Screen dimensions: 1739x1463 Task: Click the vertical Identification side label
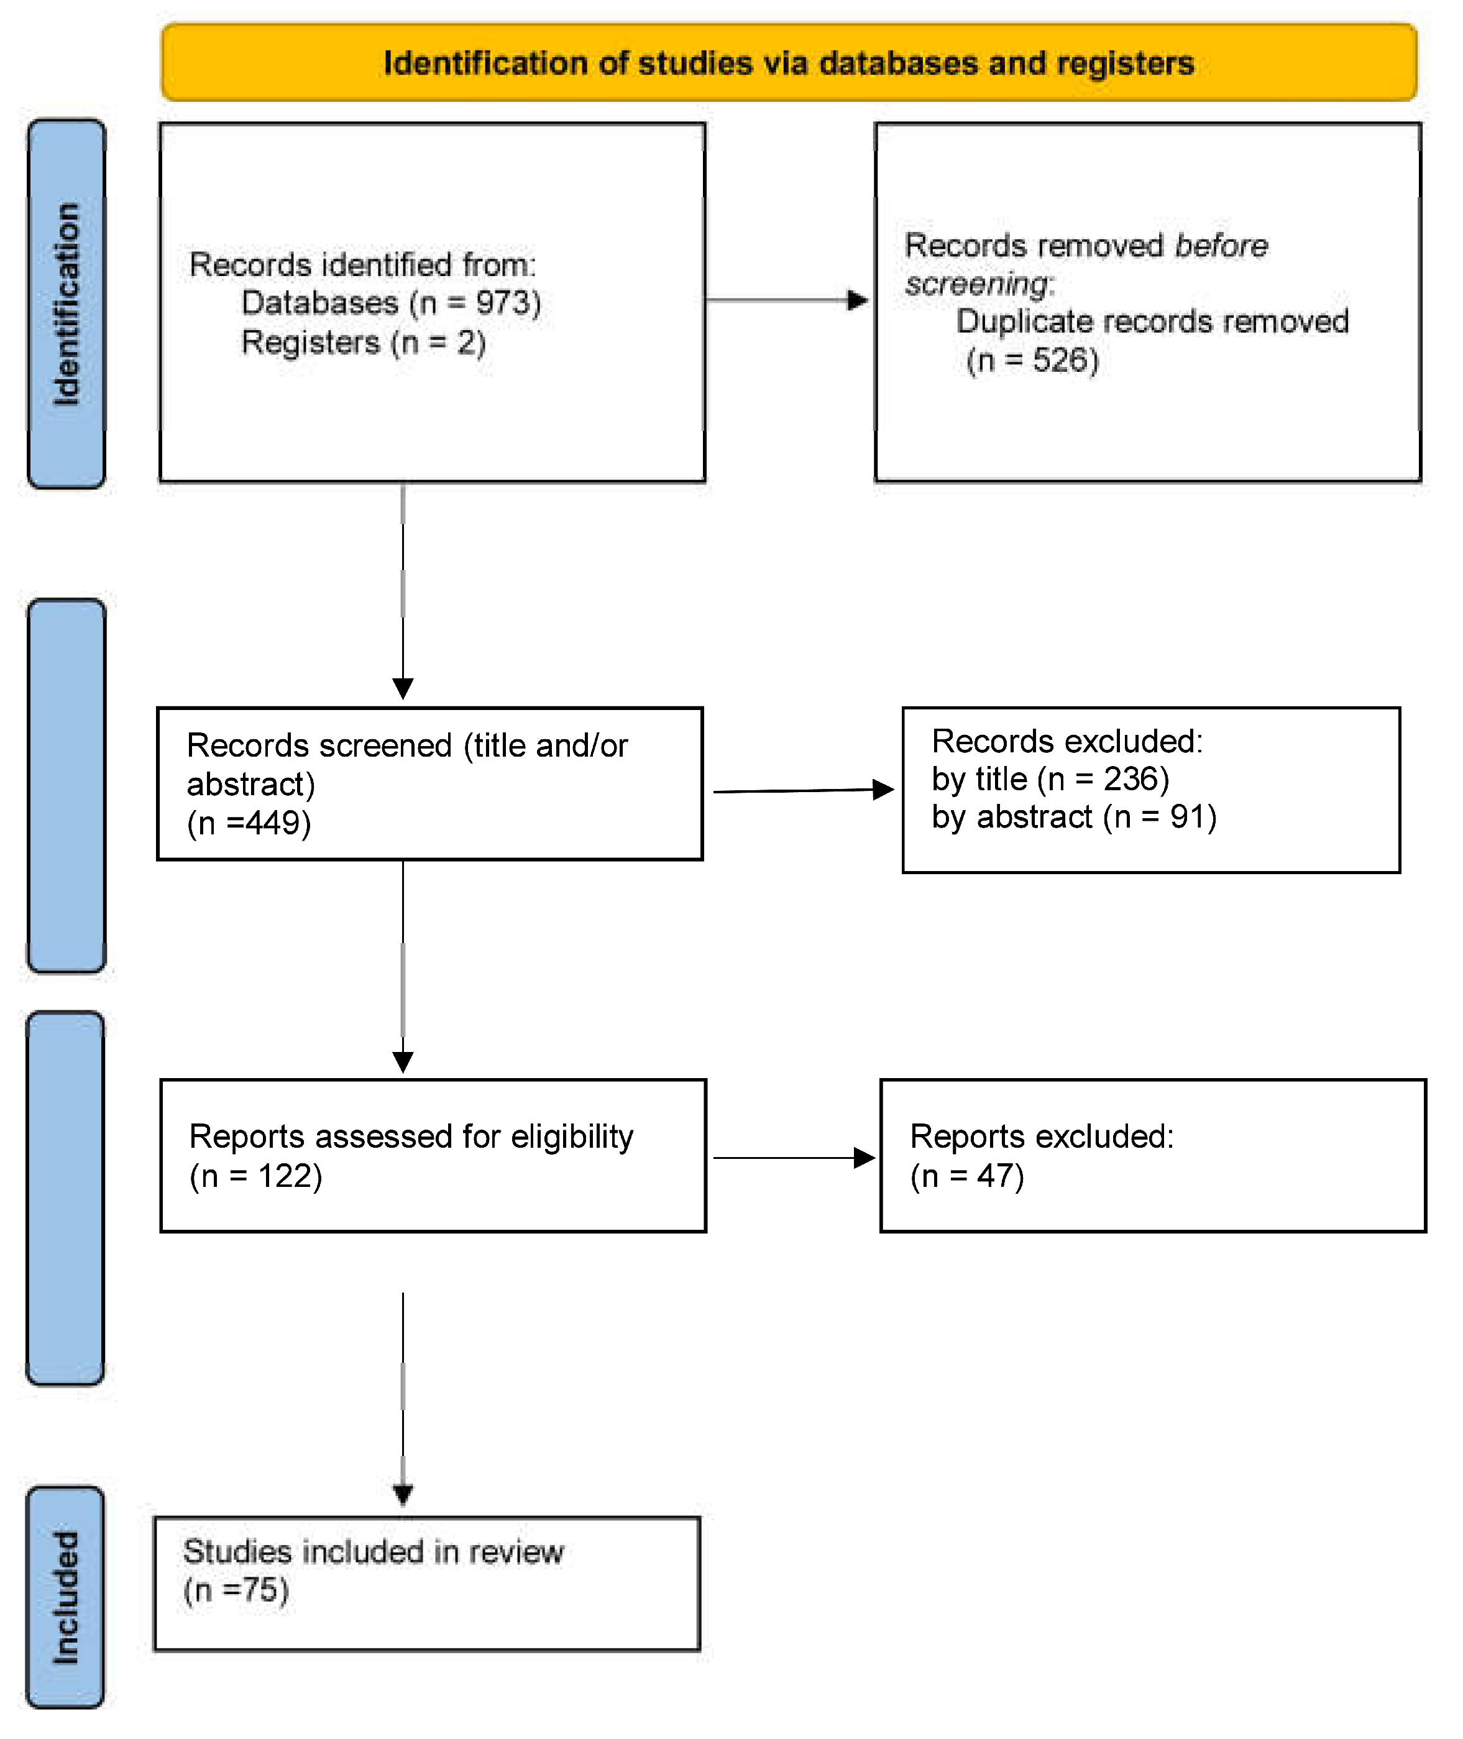pyautogui.click(x=66, y=303)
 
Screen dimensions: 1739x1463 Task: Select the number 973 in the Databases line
pyautogui.click(x=503, y=303)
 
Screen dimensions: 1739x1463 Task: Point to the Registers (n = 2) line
pyautogui.click(x=362, y=343)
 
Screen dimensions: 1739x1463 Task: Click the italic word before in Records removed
pyautogui.click(x=1221, y=246)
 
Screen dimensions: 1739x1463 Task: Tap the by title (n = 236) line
pyautogui.click(x=1050, y=779)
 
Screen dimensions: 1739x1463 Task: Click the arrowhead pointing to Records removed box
pyautogui.click(x=858, y=300)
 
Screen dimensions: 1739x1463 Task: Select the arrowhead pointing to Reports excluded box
pyautogui.click(x=865, y=1158)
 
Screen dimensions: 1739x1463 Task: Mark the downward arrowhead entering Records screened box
pyautogui.click(x=403, y=689)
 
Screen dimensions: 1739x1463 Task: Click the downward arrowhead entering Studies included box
pyautogui.click(x=403, y=1496)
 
